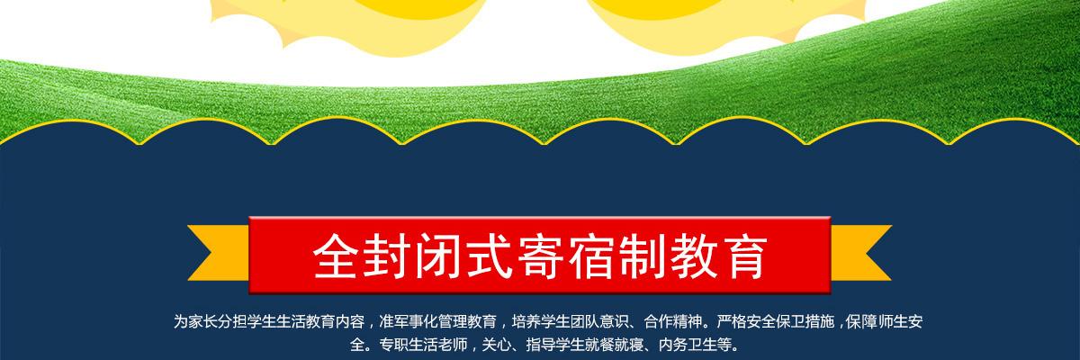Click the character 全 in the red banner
pos(336,256)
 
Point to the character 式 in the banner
pos(489,256)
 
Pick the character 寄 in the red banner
pos(541,256)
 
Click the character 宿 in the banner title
pos(591,256)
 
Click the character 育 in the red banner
pos(744,256)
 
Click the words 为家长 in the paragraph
pos(195,321)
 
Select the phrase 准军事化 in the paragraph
pos(409,321)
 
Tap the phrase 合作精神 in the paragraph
pos(673,321)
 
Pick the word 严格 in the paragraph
pos(732,321)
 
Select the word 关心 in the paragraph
pos(497,345)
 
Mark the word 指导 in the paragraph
pos(541,345)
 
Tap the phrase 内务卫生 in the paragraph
pos(688,345)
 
